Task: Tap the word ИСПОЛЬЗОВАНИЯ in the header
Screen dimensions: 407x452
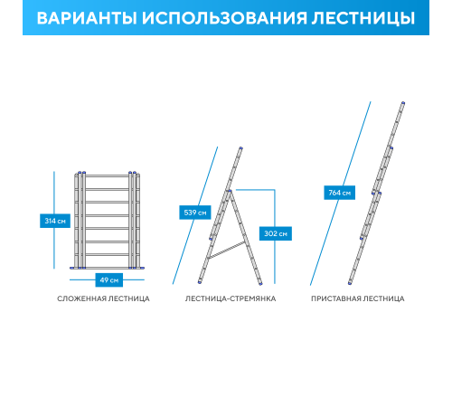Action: tap(212, 18)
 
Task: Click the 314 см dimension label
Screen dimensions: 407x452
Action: tap(55, 221)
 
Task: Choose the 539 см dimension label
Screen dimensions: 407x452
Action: tap(195, 213)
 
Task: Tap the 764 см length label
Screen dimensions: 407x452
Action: tap(340, 193)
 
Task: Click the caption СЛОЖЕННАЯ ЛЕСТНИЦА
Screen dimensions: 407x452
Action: tap(103, 298)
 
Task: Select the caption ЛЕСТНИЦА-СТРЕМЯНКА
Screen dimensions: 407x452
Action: tap(231, 298)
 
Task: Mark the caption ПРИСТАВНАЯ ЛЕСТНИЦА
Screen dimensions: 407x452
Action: tap(357, 298)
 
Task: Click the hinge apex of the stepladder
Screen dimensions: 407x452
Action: tap(230, 191)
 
